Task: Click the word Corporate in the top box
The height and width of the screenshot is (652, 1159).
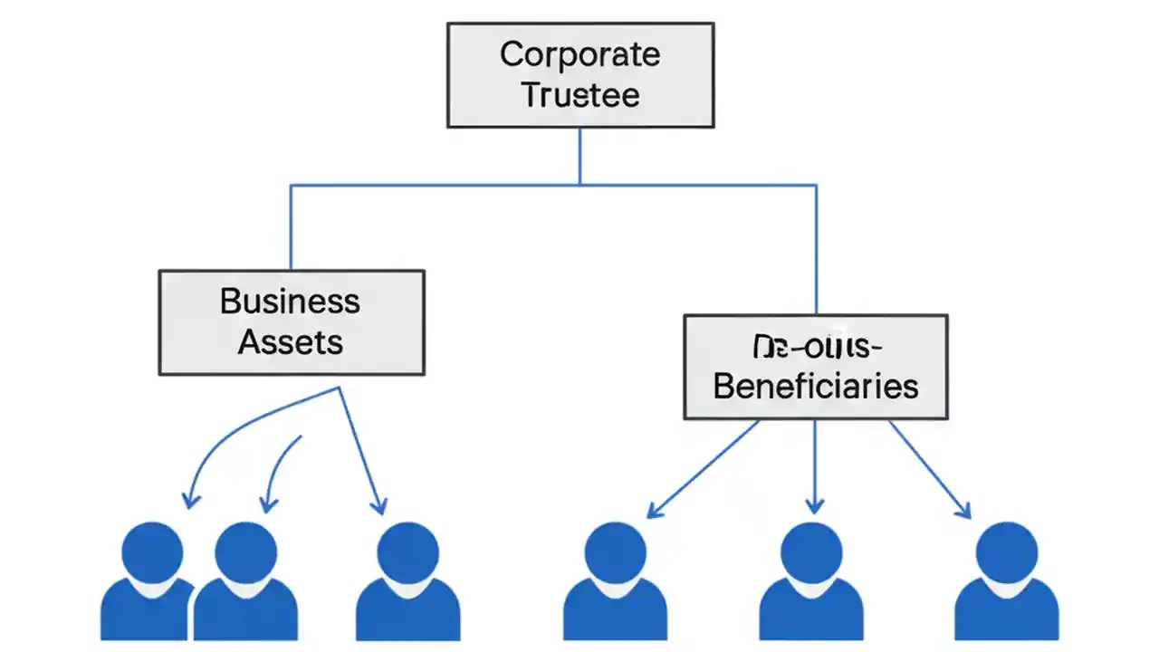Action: [x=579, y=54]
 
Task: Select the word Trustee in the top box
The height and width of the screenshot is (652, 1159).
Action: [x=579, y=95]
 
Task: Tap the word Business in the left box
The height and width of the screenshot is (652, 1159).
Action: [x=290, y=301]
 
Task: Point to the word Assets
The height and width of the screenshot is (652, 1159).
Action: [x=290, y=342]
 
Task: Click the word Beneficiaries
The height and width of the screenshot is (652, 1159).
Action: [x=815, y=387]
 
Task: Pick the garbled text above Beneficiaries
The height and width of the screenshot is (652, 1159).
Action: [x=815, y=346]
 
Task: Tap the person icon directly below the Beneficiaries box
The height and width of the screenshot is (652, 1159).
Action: [x=810, y=580]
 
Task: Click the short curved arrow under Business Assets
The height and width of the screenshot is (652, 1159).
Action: [x=279, y=471]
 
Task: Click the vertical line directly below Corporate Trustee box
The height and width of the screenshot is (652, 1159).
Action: [x=579, y=156]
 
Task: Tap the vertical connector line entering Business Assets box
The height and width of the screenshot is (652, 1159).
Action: [x=291, y=226]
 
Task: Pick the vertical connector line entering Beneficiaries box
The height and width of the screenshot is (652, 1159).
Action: [x=816, y=249]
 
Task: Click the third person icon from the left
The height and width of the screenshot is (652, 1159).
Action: [x=407, y=580]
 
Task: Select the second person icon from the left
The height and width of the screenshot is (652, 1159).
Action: [x=246, y=580]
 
